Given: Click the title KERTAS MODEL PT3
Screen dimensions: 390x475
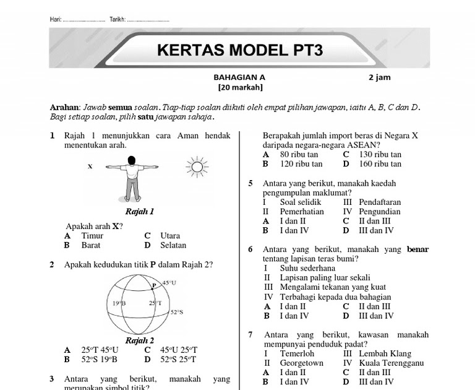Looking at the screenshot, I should point(240,50).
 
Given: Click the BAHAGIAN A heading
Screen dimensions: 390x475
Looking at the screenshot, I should point(239,78).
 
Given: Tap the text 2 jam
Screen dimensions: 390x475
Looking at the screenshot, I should point(379,78).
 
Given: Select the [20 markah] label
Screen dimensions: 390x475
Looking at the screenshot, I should point(239,87).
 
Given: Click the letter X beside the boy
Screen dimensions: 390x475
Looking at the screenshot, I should point(90,167).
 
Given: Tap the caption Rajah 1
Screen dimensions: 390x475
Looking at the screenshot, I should point(140,212).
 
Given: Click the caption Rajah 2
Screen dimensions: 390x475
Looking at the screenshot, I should point(140,340).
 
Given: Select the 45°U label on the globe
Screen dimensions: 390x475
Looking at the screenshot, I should point(169,282).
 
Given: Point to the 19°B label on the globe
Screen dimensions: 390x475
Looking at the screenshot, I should point(119,303).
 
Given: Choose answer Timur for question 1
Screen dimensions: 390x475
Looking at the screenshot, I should point(92,236).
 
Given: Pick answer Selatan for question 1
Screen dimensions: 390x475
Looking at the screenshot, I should point(173,245).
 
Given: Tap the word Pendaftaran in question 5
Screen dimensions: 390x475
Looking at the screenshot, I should point(380,202).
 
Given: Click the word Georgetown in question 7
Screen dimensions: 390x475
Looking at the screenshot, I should point(301,363).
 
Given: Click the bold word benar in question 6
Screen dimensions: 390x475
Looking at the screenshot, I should point(418,249).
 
